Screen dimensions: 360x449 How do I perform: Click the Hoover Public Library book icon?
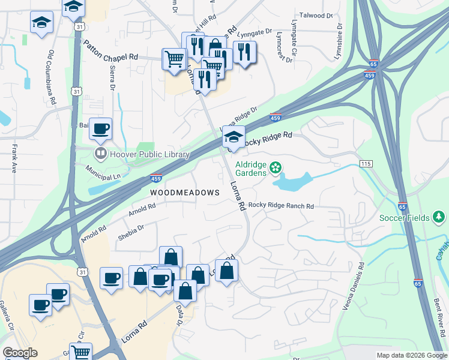pos(99,154)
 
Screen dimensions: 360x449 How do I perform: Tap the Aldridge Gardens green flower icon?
pos(276,168)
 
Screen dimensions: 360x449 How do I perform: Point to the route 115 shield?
pos(366,164)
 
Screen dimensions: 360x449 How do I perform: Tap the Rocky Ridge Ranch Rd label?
pos(281,206)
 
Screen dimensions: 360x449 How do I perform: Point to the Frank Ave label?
pos(14,158)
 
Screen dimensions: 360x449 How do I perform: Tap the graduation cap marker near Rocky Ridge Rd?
pos(232,137)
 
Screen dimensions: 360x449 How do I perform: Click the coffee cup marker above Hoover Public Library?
pos(102,128)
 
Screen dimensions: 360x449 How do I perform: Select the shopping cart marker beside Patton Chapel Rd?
pos(173,59)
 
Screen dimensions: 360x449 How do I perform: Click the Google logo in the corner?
pos(20,353)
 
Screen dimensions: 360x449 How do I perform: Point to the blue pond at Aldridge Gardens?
pos(294,181)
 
